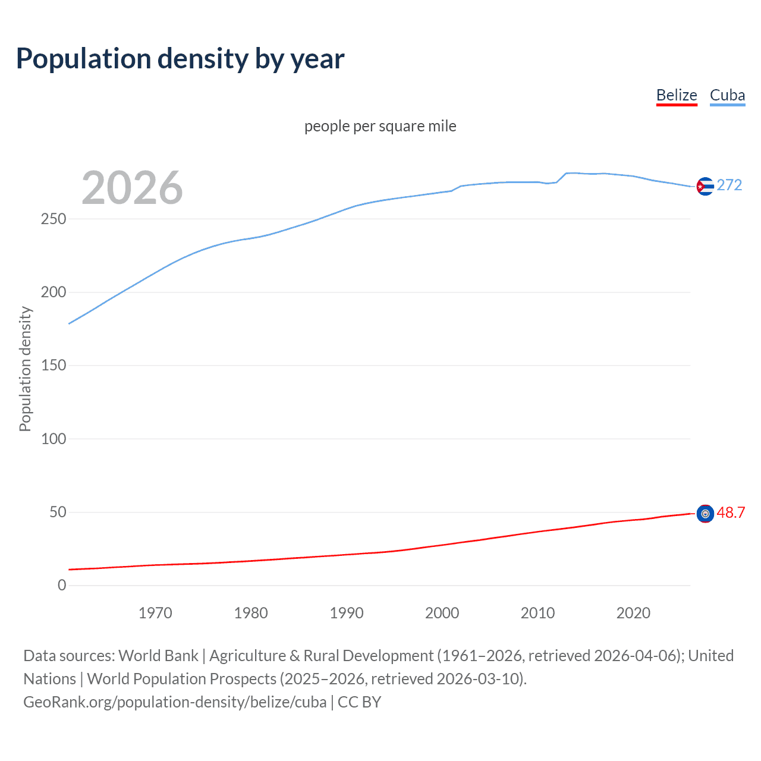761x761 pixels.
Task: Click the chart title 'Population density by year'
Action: coord(180,58)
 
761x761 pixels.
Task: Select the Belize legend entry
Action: coord(677,96)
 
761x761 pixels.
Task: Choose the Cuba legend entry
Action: coord(727,96)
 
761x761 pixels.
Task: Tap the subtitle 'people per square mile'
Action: coord(380,127)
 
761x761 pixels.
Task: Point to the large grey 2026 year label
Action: coord(132,188)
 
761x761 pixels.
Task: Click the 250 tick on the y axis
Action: coord(54,219)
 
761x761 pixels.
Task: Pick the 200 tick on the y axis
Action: coord(54,293)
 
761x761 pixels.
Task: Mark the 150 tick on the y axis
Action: coord(54,366)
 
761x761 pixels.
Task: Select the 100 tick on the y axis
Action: coord(54,439)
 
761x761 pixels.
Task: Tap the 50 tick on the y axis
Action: coord(58,512)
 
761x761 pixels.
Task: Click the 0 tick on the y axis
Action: coord(62,586)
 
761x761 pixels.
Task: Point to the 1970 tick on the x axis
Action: coord(155,613)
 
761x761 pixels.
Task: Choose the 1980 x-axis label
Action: coord(251,613)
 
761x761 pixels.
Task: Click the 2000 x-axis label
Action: coord(442,613)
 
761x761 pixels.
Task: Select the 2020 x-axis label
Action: coord(633,613)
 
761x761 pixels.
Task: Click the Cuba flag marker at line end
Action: coord(705,187)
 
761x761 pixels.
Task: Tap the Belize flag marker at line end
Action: coord(705,514)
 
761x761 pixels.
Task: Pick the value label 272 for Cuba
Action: coord(729,185)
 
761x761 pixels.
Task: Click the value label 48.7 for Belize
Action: coord(731,512)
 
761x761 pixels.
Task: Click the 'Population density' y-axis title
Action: coord(25,369)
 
